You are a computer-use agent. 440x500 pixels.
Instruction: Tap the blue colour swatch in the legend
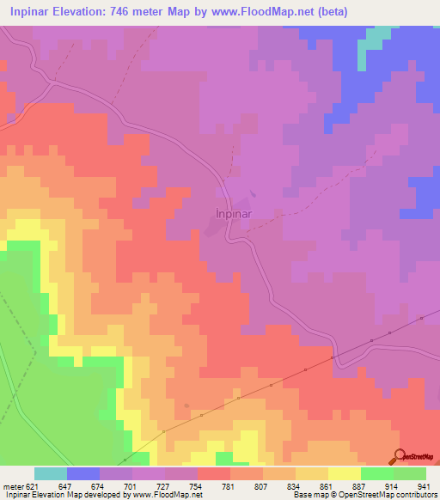[83, 473]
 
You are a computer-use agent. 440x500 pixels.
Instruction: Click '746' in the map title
[129, 13]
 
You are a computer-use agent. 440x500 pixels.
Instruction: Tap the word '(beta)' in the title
[328, 13]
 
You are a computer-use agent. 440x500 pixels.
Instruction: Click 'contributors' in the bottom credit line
[416, 495]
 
